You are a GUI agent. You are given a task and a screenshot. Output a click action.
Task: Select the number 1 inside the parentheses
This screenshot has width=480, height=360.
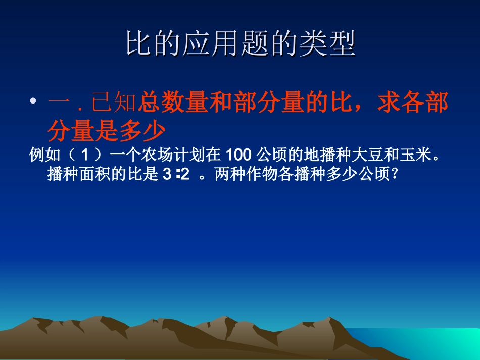[84, 156]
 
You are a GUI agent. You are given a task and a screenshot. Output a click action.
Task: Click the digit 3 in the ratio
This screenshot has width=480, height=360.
[167, 175]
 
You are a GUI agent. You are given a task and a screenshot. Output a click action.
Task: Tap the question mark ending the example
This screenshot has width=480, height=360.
[396, 175]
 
